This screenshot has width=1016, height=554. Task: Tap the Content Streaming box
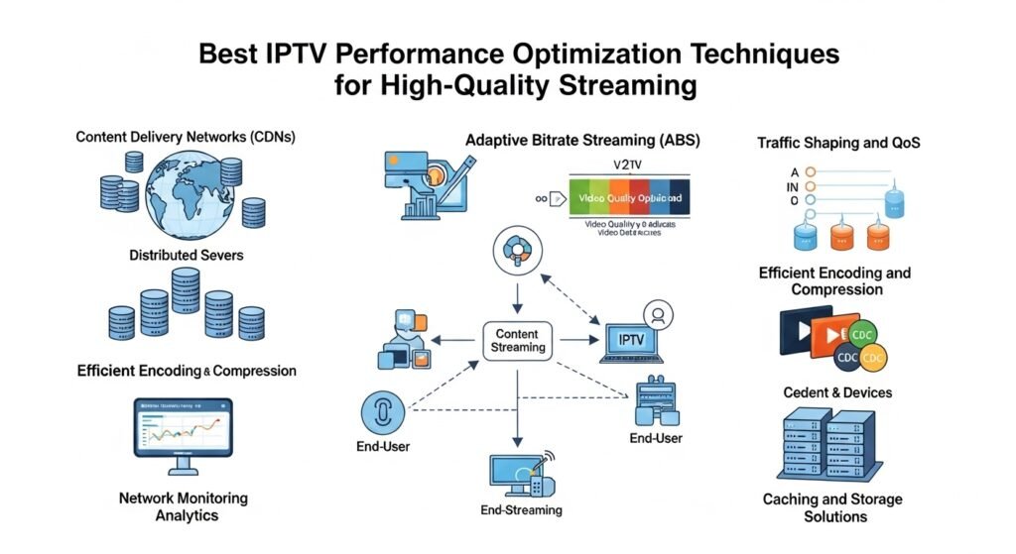tap(518, 340)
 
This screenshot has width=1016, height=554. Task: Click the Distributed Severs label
tap(186, 256)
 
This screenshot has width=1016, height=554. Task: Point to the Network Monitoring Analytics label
tap(183, 506)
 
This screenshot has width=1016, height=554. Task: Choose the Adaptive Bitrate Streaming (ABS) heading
tap(582, 141)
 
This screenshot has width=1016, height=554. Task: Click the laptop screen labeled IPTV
tap(631, 340)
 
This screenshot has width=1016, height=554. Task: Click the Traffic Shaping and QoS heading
tap(838, 143)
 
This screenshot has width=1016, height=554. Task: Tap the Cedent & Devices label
tap(837, 392)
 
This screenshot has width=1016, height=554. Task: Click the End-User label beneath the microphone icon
tap(383, 447)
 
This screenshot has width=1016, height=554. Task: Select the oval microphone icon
tap(383, 410)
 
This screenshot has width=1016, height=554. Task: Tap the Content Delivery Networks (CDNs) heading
tap(186, 137)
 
